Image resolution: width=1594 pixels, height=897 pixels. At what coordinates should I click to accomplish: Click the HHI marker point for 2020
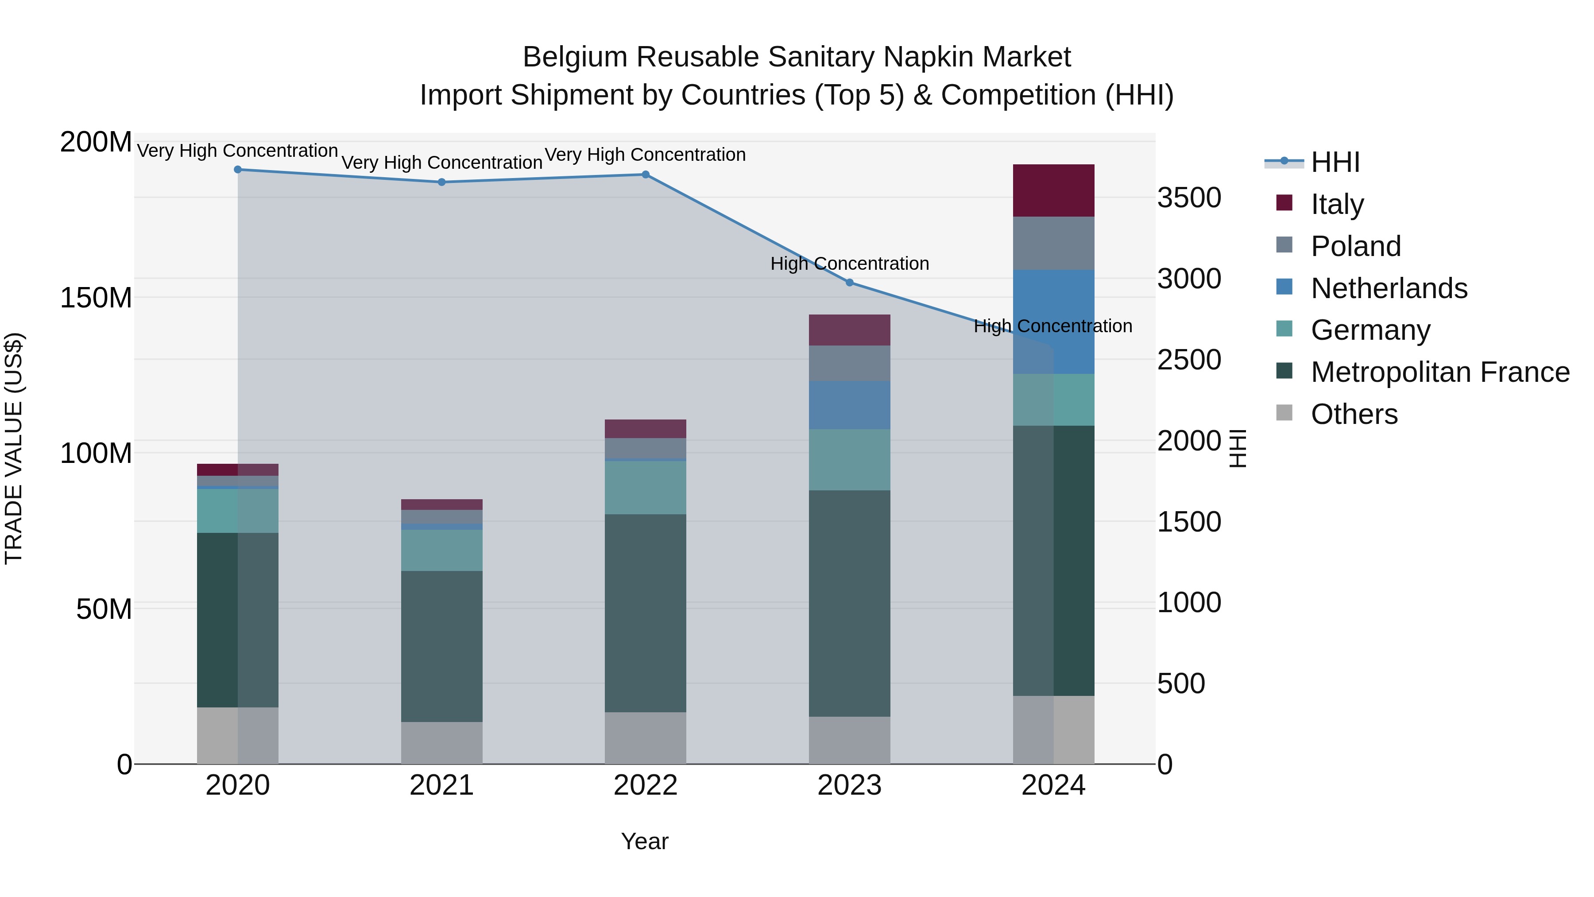[x=238, y=170]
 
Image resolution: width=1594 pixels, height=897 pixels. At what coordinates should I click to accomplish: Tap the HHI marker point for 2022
[x=646, y=175]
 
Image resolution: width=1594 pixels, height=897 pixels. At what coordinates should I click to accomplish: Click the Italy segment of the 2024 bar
[x=1053, y=190]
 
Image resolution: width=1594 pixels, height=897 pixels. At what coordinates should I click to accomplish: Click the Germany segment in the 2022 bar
[x=646, y=487]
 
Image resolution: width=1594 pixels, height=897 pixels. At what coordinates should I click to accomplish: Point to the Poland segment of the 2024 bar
[x=1053, y=243]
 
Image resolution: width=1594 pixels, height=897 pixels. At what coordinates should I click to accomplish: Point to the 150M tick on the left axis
[x=96, y=298]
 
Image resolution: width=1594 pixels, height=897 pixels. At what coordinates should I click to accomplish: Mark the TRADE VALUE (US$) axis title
[x=14, y=448]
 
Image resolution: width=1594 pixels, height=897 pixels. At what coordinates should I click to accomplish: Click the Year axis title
[x=644, y=841]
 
